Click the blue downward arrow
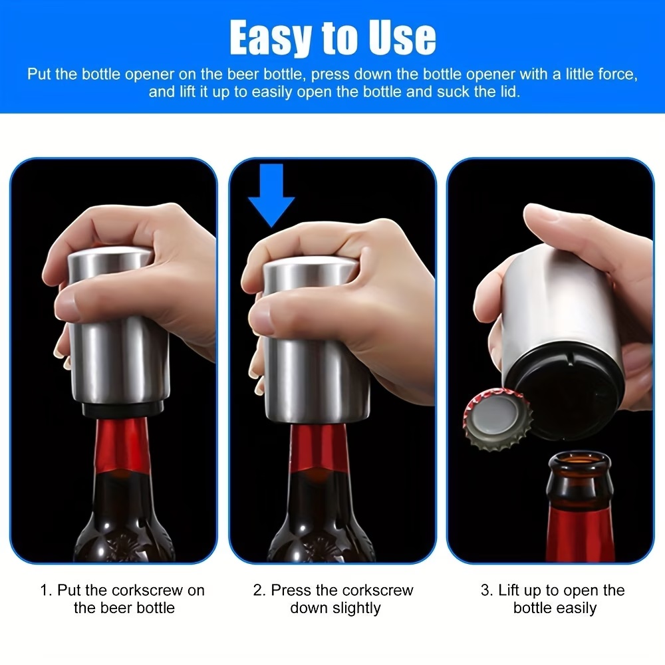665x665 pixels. (271, 196)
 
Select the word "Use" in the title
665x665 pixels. (402, 38)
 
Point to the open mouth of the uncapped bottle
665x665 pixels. (579, 460)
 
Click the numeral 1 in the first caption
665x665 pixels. (45, 591)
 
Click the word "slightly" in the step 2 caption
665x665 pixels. (356, 608)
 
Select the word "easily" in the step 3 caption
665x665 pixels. (577, 608)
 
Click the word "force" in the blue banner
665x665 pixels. (616, 74)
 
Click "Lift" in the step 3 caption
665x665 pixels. (509, 591)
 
